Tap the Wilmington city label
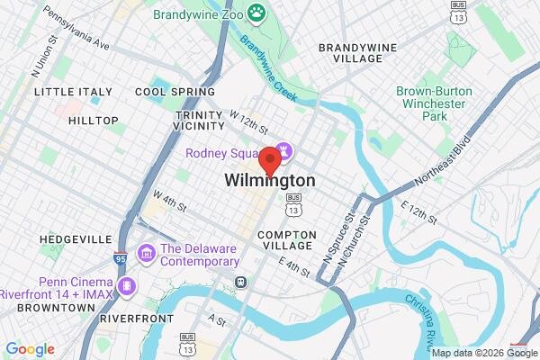tap(270, 181)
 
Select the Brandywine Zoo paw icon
tap(258, 13)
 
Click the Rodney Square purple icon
tap(283, 151)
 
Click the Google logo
tap(30, 349)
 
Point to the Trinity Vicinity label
tap(200, 121)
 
